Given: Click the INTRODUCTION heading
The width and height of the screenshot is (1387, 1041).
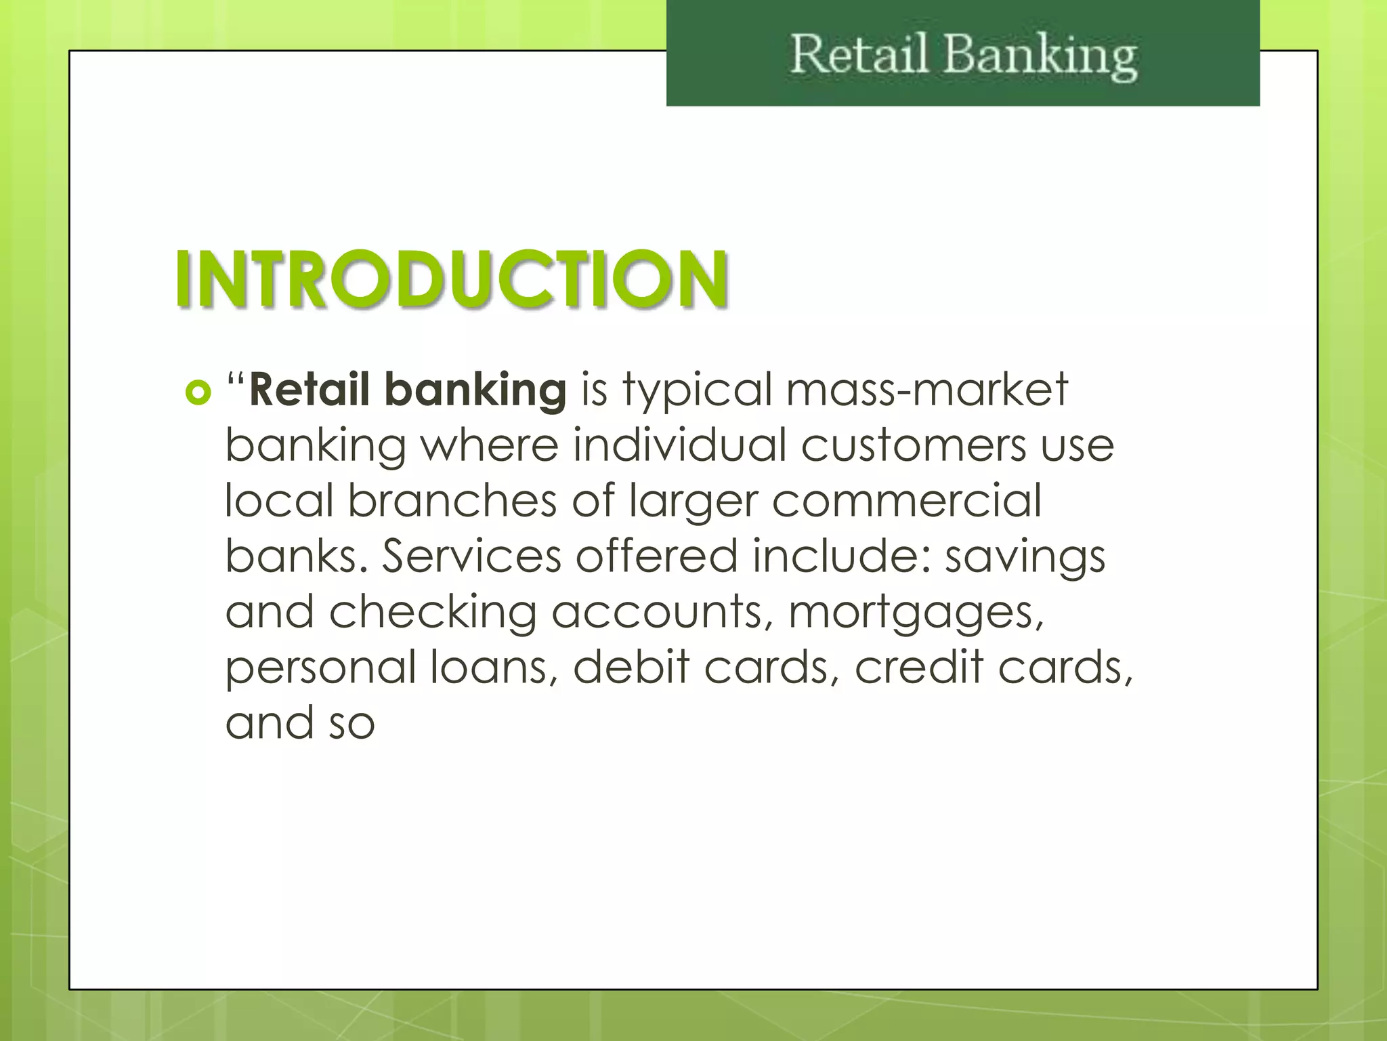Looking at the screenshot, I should [452, 279].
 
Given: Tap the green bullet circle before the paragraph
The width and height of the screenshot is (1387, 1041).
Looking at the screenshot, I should [198, 392].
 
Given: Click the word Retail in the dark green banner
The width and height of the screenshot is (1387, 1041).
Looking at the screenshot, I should [859, 55].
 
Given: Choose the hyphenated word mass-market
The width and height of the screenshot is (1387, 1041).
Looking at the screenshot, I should [927, 390].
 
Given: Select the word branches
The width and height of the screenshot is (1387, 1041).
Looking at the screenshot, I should [452, 501].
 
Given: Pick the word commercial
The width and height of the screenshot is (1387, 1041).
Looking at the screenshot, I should [907, 502].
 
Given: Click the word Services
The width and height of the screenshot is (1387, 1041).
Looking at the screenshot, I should [472, 556].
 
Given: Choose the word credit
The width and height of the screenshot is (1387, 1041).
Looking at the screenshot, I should [918, 667].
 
